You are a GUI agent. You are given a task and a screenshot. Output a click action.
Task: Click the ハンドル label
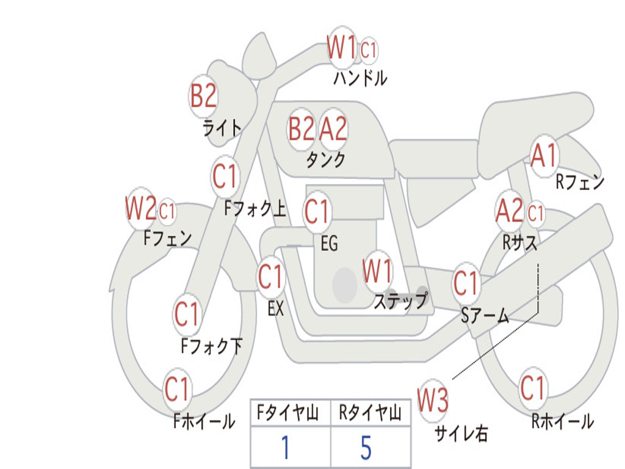point(360,78)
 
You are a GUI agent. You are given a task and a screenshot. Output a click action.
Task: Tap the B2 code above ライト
point(203,96)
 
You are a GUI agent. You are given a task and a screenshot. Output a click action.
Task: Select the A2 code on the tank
point(333,128)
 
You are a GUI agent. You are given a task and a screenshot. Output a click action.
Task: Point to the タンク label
point(325,160)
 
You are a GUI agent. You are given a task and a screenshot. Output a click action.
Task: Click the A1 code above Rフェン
point(543,156)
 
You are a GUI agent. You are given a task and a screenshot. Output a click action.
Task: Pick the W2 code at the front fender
point(140,208)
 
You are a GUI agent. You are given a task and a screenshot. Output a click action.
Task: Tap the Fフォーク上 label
point(255,208)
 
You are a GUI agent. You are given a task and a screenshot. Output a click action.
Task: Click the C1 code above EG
point(317,211)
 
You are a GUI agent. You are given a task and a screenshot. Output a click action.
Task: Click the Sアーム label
point(485,316)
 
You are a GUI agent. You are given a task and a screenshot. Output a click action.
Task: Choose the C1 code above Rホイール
point(532,388)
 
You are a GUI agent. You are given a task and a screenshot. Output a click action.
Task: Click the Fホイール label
point(204,421)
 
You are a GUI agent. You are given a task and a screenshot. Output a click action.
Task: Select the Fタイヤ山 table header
point(288,413)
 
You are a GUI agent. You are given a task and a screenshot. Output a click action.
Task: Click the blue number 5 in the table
point(366,448)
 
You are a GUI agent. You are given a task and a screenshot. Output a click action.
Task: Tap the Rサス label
point(519,242)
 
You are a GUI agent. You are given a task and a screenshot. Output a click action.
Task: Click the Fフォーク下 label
point(211,346)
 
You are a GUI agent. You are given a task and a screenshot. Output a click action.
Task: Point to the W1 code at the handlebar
point(342,46)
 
